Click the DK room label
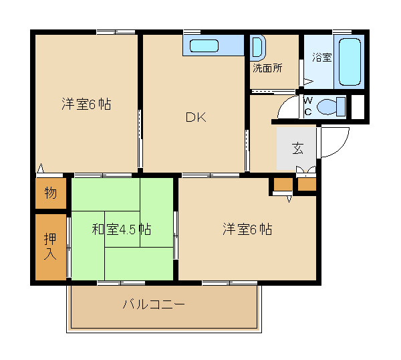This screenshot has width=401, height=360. click(x=196, y=117)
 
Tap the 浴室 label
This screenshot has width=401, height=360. click(x=321, y=58)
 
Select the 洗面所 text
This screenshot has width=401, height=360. click(x=267, y=68)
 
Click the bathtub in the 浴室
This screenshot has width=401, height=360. click(x=350, y=62)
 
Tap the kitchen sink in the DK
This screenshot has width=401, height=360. click(x=204, y=46)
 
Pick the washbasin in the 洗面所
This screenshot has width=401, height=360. click(x=258, y=47)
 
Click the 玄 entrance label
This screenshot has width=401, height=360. click(x=297, y=149)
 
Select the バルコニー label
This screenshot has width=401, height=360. click(x=154, y=304)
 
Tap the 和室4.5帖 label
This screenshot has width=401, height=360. click(x=122, y=229)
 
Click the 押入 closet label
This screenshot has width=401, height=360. click(x=50, y=246)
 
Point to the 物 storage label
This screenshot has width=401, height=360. click(x=50, y=193)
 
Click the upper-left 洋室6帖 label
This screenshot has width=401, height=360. click(x=86, y=104)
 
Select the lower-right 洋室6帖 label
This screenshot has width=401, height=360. click(x=247, y=229)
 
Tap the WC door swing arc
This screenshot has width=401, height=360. click(x=283, y=104)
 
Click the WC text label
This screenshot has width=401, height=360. click(x=308, y=106)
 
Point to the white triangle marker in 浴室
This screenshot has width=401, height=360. click(x=308, y=82)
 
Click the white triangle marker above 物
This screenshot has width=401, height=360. click(x=41, y=168)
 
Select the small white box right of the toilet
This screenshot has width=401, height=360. click(x=358, y=107)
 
